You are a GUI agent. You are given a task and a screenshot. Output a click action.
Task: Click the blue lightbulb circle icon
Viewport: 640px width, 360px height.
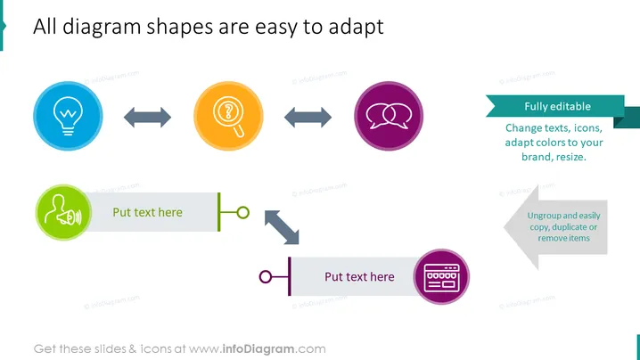68,117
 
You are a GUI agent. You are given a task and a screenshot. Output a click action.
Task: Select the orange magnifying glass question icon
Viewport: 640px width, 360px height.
228,117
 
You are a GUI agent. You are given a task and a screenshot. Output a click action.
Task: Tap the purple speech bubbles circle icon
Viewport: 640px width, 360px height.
389,117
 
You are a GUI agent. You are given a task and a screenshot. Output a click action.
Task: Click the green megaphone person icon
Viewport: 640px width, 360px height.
63,212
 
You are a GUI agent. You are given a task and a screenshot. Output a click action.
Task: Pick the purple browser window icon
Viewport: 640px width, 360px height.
441,277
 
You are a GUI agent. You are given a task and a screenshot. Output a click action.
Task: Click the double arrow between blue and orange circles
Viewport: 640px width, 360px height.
148,118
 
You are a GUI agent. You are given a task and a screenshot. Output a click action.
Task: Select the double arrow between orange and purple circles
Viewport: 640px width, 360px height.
308,118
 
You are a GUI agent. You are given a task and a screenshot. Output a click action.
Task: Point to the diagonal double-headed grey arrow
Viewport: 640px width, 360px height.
282,227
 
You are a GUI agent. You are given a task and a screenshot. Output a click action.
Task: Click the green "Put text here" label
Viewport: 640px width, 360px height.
147,212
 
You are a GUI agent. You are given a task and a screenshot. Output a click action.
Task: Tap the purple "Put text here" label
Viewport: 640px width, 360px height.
359,277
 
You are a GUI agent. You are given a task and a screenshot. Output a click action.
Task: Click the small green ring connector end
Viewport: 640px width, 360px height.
243,213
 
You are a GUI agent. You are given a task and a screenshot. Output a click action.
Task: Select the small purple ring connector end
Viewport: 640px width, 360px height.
266,277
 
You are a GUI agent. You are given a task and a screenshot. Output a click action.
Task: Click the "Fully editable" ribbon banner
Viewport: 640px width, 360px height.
558,107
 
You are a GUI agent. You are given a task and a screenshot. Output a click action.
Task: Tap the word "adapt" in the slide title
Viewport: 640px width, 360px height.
356,27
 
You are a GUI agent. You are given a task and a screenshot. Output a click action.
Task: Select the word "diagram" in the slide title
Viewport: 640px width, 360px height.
102,28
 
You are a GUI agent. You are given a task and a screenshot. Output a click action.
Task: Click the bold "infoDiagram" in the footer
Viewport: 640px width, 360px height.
258,349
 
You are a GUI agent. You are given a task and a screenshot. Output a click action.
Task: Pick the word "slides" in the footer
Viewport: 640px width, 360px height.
111,349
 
